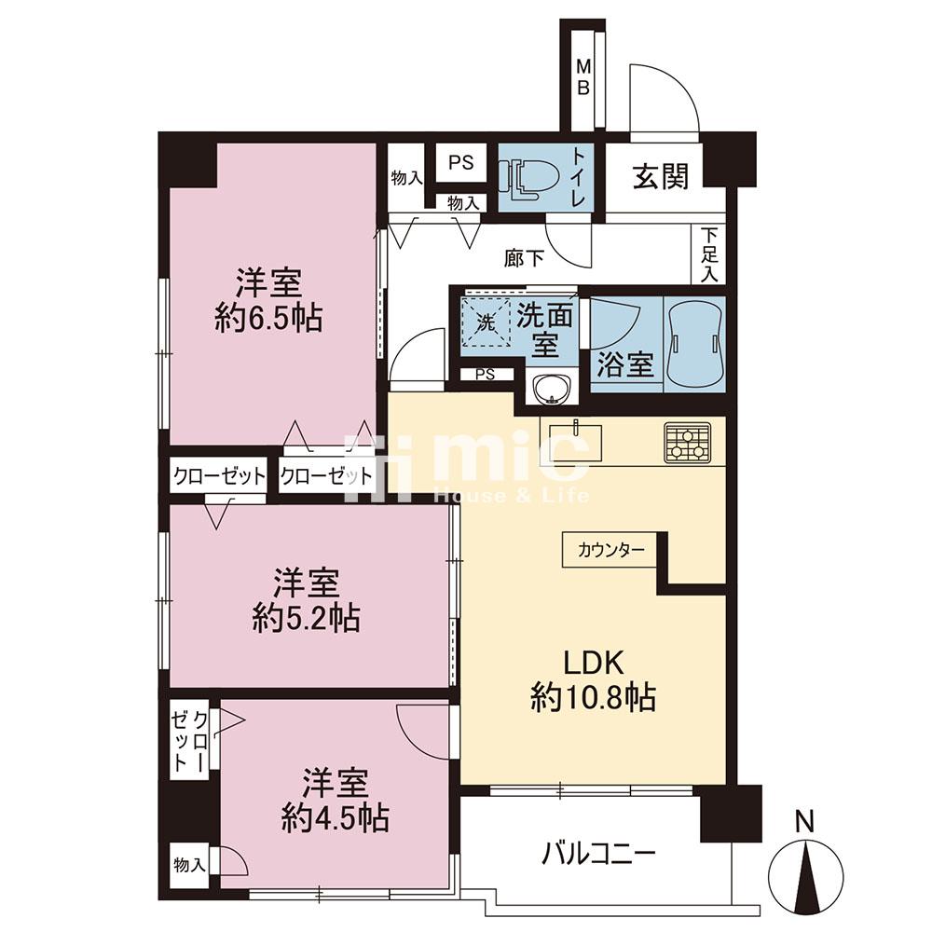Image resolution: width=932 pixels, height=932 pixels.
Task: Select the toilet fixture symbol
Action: (528, 175)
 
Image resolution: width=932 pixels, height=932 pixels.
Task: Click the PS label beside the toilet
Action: (460, 161)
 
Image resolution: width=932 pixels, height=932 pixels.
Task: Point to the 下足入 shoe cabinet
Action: (709, 255)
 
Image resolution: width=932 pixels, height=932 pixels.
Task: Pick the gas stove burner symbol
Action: (688, 442)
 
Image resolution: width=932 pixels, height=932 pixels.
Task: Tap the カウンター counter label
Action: (610, 550)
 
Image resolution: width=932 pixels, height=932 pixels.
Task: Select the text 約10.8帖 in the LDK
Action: (593, 696)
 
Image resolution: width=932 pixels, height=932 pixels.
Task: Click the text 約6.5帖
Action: (267, 319)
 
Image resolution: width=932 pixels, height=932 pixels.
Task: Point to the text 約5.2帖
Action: (306, 618)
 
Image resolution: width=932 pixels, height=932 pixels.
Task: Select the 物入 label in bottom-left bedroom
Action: (189, 866)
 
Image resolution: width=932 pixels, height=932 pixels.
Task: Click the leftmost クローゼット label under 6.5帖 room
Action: (219, 476)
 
